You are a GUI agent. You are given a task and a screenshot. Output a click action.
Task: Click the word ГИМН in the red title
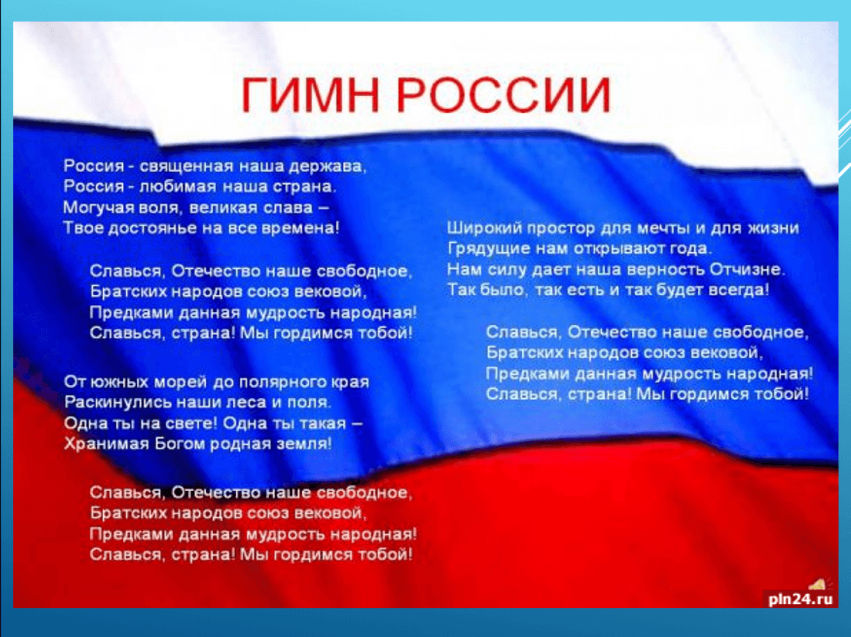click(310, 96)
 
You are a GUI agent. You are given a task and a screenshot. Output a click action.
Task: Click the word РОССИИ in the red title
click(504, 96)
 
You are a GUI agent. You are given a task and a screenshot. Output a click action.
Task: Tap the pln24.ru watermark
click(801, 599)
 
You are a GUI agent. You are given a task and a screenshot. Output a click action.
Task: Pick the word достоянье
click(153, 228)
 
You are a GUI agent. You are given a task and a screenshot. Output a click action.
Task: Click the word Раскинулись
click(117, 402)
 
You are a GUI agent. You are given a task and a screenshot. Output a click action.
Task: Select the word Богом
click(179, 444)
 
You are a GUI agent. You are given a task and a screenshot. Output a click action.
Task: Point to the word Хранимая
click(106, 444)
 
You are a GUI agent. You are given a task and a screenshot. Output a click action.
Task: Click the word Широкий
click(484, 228)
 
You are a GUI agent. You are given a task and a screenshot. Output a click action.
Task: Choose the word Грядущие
click(490, 249)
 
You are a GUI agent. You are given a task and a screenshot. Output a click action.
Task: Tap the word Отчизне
click(745, 269)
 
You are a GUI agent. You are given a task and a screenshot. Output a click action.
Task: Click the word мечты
click(664, 228)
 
